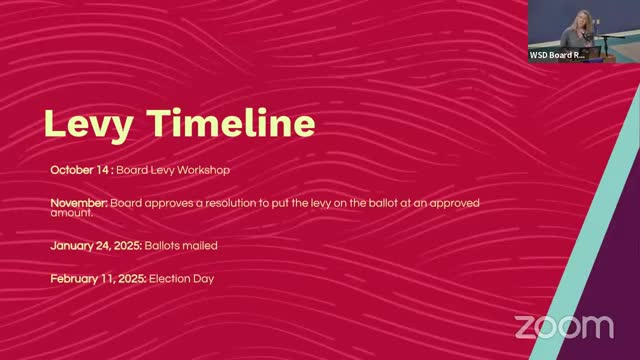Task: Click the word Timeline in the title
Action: tap(231, 123)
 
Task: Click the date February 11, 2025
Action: tap(98, 278)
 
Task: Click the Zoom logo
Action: tap(564, 326)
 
